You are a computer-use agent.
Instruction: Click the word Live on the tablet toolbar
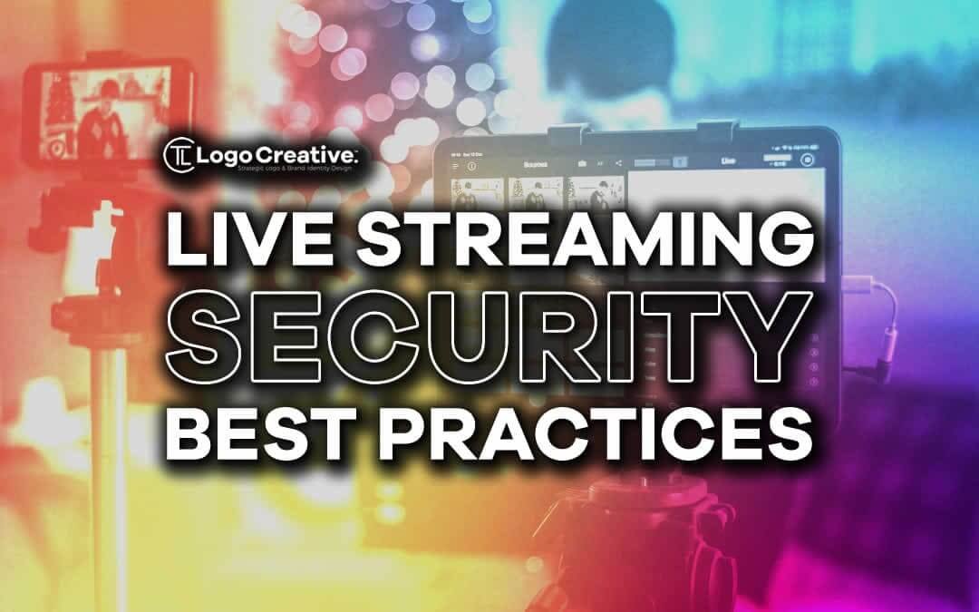[727, 160]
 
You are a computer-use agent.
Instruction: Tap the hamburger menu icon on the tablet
[455, 167]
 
